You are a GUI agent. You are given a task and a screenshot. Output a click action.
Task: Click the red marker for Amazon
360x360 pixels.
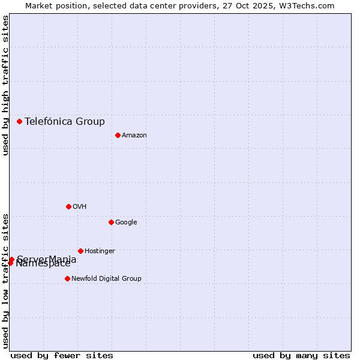pos(118,135)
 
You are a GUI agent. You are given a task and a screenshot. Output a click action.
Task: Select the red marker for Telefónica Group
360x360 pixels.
pos(19,121)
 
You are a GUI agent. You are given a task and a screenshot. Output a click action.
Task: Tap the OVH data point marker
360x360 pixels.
pos(68,206)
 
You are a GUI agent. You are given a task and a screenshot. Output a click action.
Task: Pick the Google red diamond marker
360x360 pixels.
pos(111,222)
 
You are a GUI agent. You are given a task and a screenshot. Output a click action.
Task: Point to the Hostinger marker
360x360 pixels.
pos(80,251)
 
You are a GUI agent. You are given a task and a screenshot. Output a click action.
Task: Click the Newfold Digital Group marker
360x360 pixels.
pos(67,278)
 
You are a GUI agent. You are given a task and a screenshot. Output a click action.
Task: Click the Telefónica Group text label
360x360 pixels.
pos(65,121)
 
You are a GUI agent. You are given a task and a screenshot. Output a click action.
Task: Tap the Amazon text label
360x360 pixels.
pos(134,136)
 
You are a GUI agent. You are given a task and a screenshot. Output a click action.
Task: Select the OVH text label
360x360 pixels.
pos(80,207)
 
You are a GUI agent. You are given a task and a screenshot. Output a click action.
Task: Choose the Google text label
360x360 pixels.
pos(126,223)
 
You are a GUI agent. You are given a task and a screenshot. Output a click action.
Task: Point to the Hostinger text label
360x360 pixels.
pos(100,251)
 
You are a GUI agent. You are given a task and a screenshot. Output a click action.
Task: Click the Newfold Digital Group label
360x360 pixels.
pos(106,278)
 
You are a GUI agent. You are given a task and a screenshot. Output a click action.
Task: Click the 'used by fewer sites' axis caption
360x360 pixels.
pos(62,355)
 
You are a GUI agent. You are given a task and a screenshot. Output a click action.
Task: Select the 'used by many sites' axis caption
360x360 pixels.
pos(301,355)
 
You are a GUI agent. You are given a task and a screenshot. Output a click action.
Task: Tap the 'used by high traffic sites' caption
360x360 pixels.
pos(5,85)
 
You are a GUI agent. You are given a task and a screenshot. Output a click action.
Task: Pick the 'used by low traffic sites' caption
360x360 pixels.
pos(5,280)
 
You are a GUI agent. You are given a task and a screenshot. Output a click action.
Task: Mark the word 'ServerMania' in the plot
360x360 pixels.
pos(47,259)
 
